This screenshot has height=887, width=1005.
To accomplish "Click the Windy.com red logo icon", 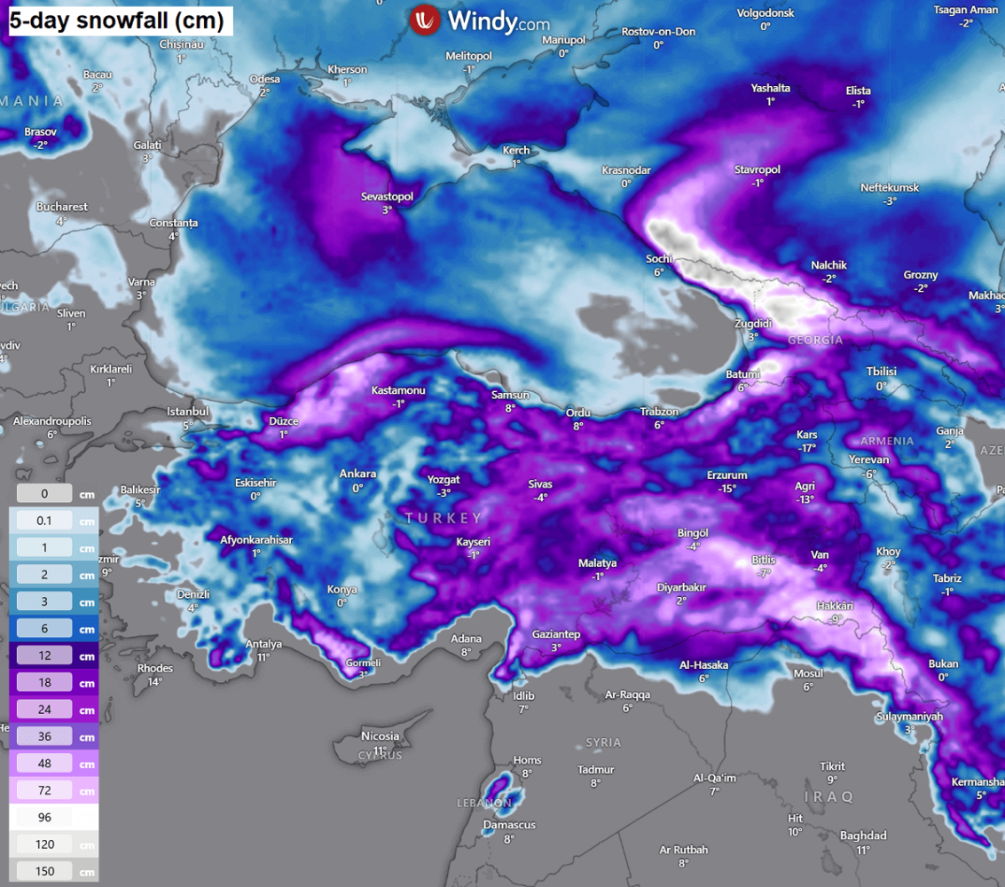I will coord(426,20).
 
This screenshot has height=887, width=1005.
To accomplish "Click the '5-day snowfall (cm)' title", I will coord(116,20).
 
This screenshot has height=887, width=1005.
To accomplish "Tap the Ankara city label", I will coord(357,474).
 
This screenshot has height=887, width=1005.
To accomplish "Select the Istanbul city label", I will coord(188,412).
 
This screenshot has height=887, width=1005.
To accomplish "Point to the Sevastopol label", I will coord(388,196).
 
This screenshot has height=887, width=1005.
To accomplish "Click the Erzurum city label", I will coord(726,475).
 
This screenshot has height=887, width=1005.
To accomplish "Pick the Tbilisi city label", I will coord(882,372).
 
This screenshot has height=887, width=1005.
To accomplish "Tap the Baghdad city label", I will coord(863,836).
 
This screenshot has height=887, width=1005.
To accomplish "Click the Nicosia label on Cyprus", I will coord(381,736).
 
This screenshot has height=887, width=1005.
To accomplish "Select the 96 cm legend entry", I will coord(44,817).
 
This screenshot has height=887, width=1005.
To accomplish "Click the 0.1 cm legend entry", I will coord(44,521).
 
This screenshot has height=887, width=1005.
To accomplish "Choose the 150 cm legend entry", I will coord(44,871).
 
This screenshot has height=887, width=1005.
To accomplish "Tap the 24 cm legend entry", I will coord(44,710).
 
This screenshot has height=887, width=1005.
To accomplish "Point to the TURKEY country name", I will coord(444,517).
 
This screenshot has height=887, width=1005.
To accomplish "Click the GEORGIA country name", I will coord(815,340).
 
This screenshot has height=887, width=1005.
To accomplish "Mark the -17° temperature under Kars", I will coord(806,448).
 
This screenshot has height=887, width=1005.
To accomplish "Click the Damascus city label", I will coord(509,825).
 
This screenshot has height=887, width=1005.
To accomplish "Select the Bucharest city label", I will coord(62,207).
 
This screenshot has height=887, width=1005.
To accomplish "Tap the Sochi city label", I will coord(659,259).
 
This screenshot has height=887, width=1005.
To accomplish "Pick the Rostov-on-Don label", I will coord(658,31).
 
